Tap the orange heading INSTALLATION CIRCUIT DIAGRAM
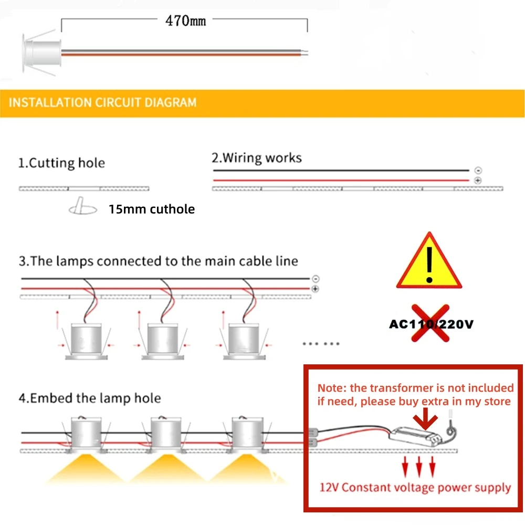[x=103, y=102]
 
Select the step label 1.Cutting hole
[x=61, y=163]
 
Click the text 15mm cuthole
[x=152, y=209]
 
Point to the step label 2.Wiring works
[x=257, y=158]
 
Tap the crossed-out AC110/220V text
[x=430, y=323]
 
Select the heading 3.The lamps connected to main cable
[x=159, y=261]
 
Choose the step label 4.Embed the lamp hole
[x=90, y=398]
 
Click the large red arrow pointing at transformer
[x=424, y=420]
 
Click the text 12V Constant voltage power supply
[x=415, y=487]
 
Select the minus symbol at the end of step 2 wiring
[x=478, y=171]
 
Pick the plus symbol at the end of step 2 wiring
[x=478, y=181]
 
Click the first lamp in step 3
[x=85, y=341]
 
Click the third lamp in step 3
[x=242, y=341]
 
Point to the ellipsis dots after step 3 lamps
[x=321, y=344]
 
